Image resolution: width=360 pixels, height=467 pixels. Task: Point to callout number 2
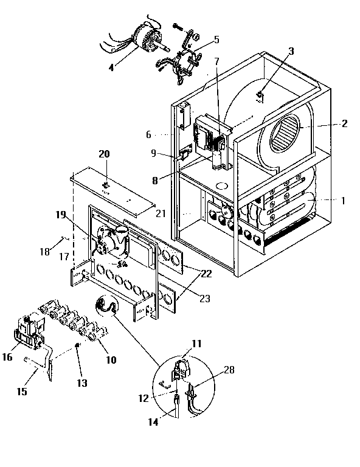[344, 123]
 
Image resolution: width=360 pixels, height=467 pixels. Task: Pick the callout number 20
[105, 154]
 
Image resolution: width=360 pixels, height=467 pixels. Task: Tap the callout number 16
[7, 357]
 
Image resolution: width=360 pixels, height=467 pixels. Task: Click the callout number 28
[229, 370]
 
